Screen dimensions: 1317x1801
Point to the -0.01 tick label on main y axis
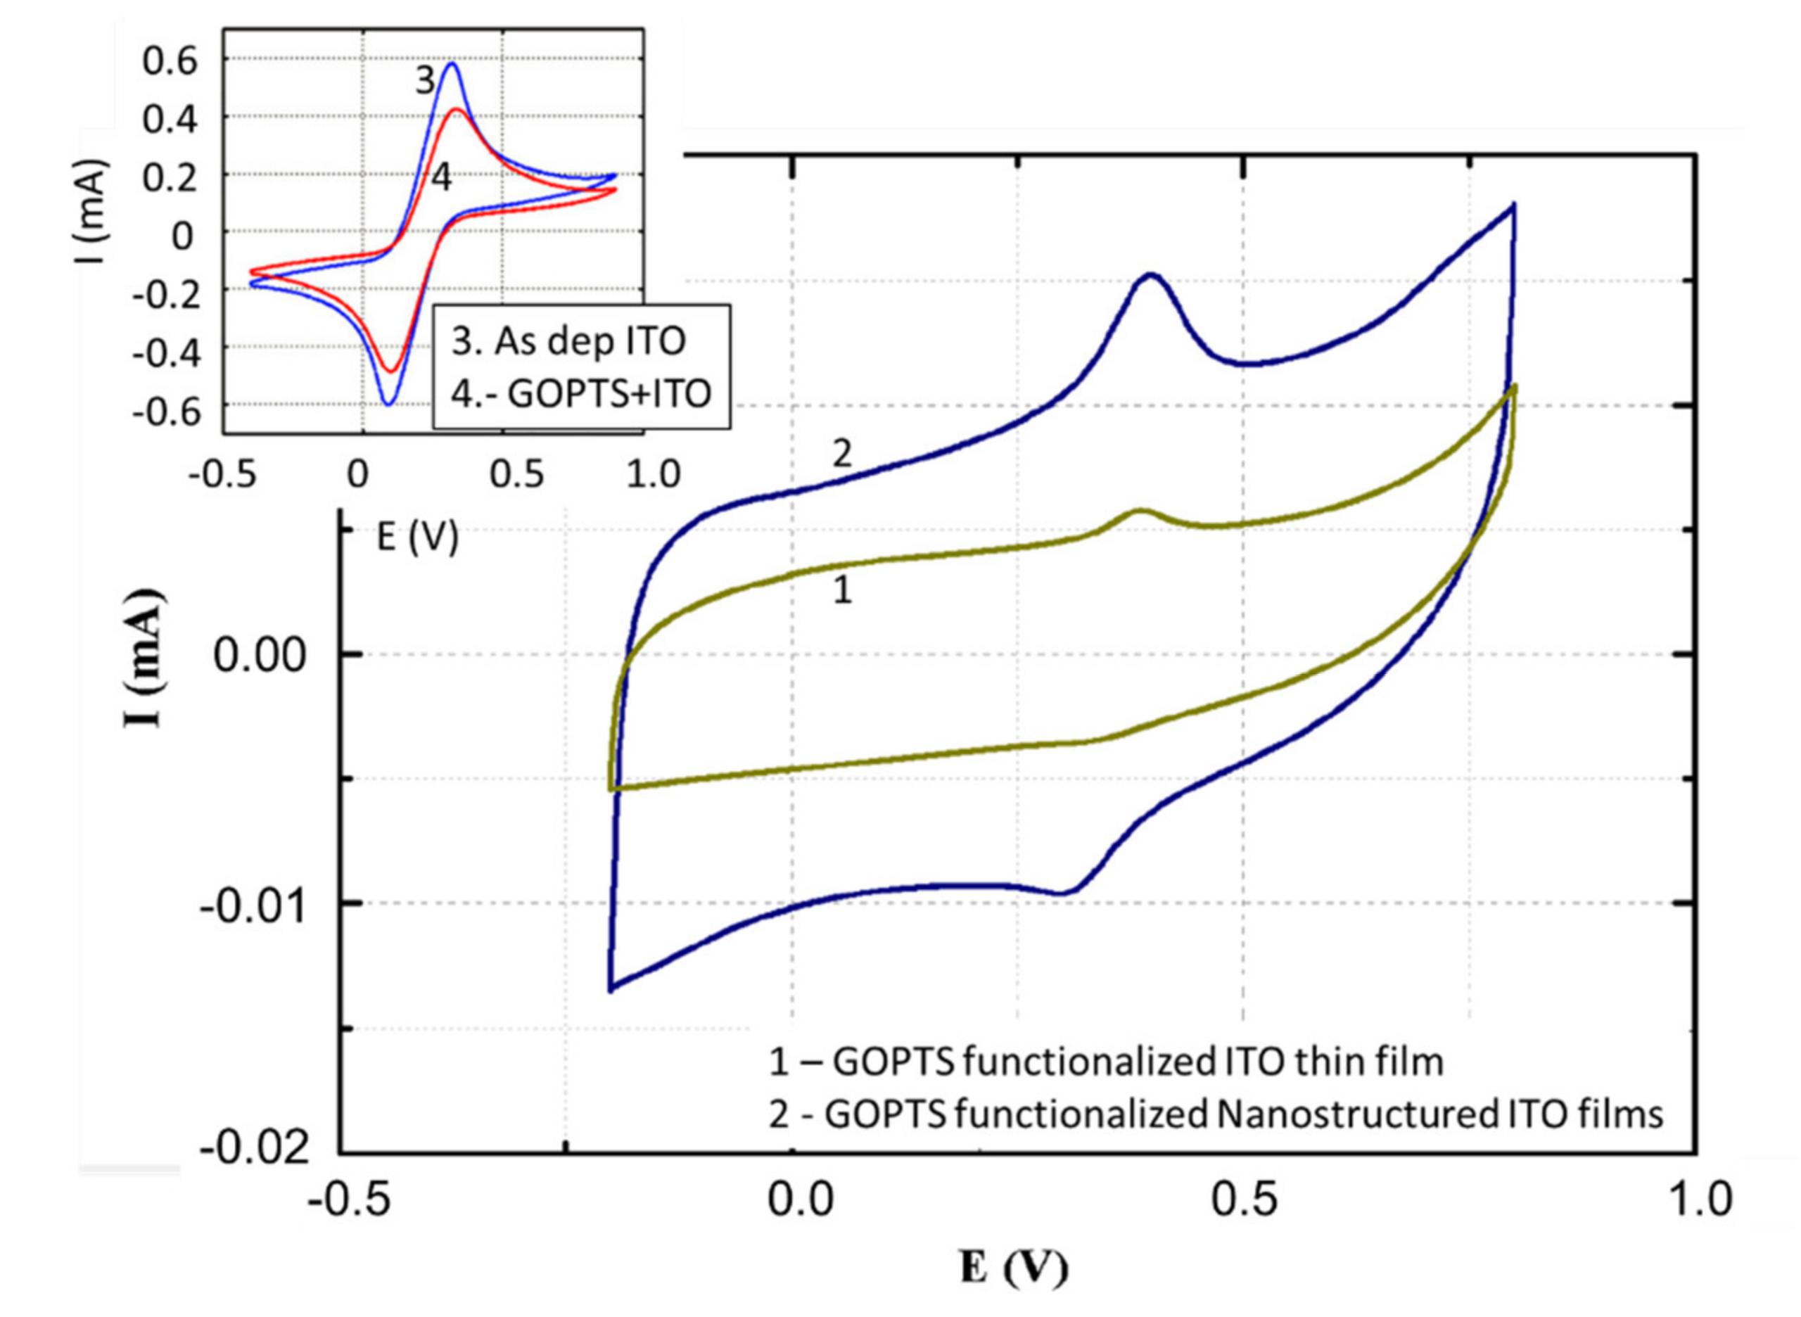click(x=253, y=908)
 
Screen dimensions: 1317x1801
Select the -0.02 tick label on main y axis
click(x=253, y=1149)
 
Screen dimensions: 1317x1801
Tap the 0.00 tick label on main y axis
click(x=260, y=657)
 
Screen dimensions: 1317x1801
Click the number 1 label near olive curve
click(x=842, y=591)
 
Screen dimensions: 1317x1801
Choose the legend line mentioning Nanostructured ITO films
click(x=1216, y=1114)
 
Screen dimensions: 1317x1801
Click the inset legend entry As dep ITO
click(x=568, y=341)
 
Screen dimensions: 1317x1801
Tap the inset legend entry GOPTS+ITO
click(x=580, y=393)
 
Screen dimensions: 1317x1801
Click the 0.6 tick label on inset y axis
click(x=170, y=61)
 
